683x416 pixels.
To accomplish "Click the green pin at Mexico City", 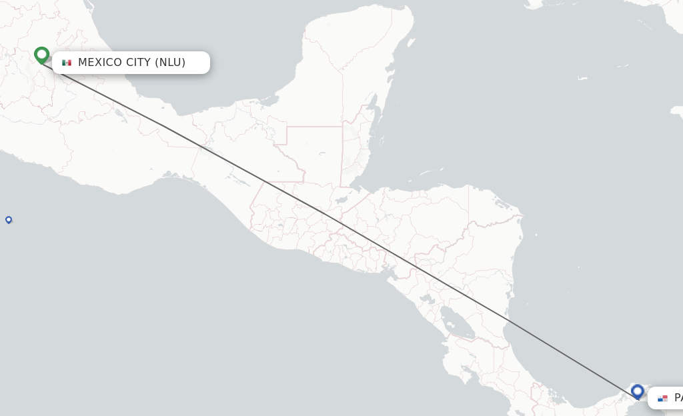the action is click(x=42, y=55).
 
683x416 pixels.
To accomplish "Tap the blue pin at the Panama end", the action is click(x=638, y=391).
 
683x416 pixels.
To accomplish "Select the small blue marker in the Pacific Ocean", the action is click(x=9, y=219).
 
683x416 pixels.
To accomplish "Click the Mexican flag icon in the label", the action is click(x=67, y=63).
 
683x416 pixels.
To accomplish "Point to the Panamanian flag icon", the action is click(x=662, y=398).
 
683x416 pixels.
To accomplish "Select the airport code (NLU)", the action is click(x=170, y=63).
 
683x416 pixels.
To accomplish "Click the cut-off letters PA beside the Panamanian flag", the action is click(x=678, y=398).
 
